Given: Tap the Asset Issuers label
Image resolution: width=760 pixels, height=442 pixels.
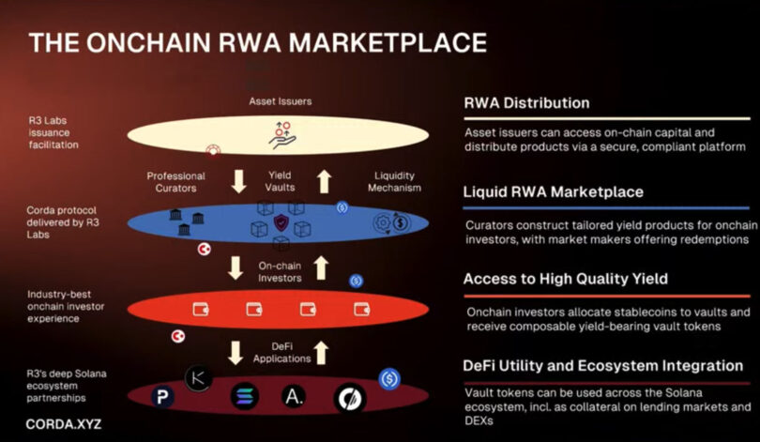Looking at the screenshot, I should (x=280, y=100).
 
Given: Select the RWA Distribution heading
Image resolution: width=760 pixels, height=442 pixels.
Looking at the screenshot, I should (x=526, y=103).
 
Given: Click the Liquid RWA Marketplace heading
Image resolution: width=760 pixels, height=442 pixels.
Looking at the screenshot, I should (x=554, y=191).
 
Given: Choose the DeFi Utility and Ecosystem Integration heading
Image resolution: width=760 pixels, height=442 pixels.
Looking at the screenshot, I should (x=603, y=364).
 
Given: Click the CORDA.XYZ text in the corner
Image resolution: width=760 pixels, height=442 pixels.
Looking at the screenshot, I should (x=63, y=423).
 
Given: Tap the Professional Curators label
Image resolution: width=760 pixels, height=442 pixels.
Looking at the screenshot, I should (x=176, y=182).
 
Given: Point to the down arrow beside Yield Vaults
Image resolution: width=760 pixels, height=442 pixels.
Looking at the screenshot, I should (x=237, y=181).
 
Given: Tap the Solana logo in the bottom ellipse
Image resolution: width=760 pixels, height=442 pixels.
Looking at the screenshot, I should (x=244, y=396).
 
